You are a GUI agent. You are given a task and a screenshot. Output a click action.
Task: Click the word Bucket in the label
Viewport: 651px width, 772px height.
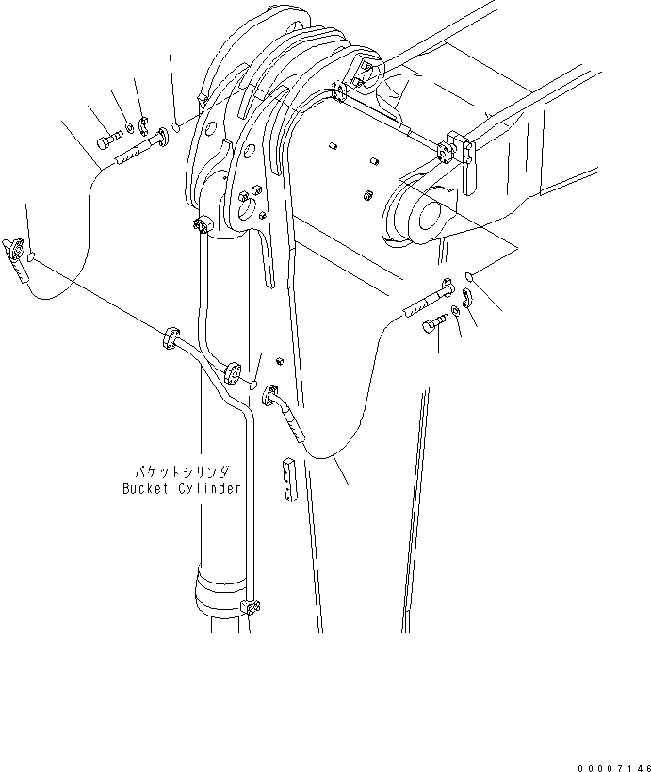pyautogui.click(x=144, y=488)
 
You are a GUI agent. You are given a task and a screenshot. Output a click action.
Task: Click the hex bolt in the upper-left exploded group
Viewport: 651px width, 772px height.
pyautogui.click(x=106, y=143)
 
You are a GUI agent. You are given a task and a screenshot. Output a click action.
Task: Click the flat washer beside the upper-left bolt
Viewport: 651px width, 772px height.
pyautogui.click(x=129, y=129)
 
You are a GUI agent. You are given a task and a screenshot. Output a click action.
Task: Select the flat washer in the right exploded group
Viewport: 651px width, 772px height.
pyautogui.click(x=456, y=312)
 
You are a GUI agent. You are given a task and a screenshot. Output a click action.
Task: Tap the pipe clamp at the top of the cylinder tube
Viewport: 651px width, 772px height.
pyautogui.click(x=203, y=225)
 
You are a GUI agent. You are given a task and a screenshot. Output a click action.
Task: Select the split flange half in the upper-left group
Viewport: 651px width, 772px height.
pyautogui.click(x=144, y=123)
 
